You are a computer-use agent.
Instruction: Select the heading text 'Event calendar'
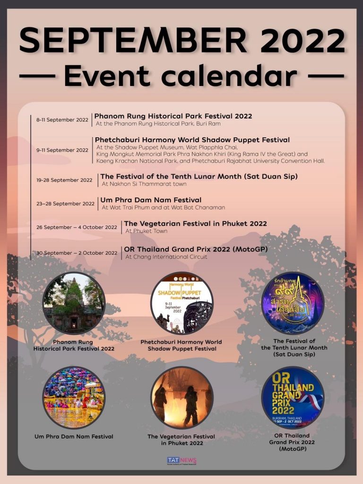(x=181, y=76)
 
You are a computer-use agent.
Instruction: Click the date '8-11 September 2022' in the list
(x=62, y=120)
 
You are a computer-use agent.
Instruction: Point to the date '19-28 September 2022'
(x=65, y=180)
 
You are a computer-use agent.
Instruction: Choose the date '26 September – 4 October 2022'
(x=77, y=227)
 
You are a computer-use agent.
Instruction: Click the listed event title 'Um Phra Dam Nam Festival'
(x=151, y=200)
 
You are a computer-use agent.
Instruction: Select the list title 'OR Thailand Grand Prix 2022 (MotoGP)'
(x=196, y=249)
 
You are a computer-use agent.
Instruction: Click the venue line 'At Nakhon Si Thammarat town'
(x=144, y=184)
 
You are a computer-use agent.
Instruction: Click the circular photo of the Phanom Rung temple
(x=74, y=303)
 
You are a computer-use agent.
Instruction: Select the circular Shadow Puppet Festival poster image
(x=182, y=303)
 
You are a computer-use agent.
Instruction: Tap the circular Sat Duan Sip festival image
(x=293, y=303)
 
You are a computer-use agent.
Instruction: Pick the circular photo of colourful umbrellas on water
(x=74, y=397)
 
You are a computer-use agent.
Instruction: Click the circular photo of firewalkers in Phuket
(x=182, y=397)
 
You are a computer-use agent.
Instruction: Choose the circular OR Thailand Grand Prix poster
(x=293, y=397)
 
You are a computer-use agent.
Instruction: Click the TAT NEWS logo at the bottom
(x=181, y=460)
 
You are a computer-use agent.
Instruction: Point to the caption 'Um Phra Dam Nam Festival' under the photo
(x=74, y=437)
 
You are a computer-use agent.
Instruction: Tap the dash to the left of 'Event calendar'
(x=37, y=76)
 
